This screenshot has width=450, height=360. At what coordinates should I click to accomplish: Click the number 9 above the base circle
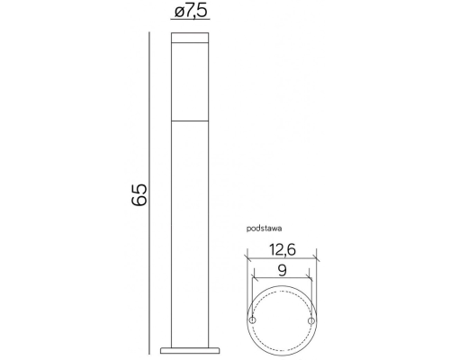tap(282, 268)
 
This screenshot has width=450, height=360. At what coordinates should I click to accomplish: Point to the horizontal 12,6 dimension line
tap(282, 261)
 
